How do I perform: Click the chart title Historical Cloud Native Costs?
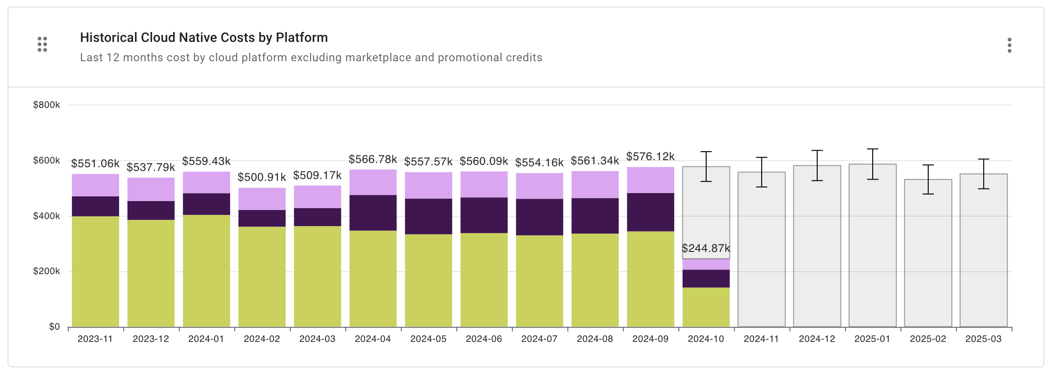click(204, 38)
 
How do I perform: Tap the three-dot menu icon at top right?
click(1009, 45)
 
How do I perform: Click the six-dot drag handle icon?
click(42, 44)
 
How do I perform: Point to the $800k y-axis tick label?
click(46, 105)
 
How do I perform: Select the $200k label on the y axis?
click(46, 271)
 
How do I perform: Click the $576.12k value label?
click(650, 156)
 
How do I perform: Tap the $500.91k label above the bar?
click(262, 177)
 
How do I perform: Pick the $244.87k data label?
click(706, 248)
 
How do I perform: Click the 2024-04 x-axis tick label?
click(373, 339)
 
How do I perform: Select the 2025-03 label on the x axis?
click(983, 339)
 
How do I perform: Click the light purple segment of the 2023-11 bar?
click(96, 185)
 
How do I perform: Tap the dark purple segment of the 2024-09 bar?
click(650, 212)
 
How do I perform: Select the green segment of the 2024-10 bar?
click(706, 307)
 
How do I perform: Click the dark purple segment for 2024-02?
click(262, 218)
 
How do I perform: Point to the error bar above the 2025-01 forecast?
click(872, 164)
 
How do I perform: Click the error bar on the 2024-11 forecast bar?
click(761, 172)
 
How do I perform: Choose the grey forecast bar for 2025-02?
click(928, 254)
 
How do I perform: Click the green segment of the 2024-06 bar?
click(484, 280)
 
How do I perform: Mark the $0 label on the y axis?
click(54, 327)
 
